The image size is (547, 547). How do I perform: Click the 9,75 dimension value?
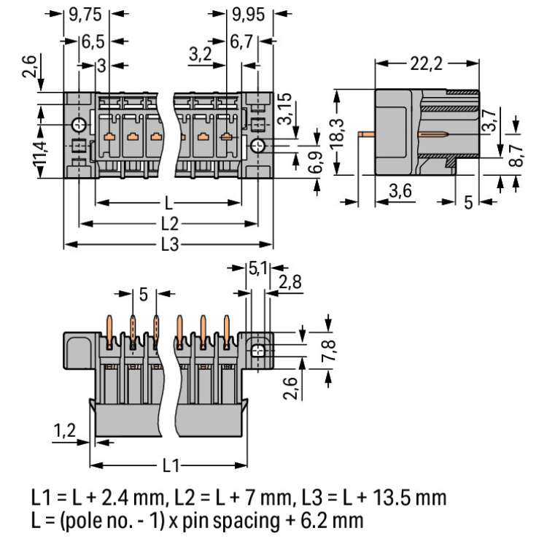pos(85,13)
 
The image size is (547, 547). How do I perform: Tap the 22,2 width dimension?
pos(427,64)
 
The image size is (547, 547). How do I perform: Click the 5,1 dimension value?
pos(257,269)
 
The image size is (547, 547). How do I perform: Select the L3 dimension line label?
pos(168,246)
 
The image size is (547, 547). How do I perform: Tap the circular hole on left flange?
pos(78,126)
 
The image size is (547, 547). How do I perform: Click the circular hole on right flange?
pos(257,147)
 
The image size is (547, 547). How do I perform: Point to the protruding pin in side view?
pos(368,134)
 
